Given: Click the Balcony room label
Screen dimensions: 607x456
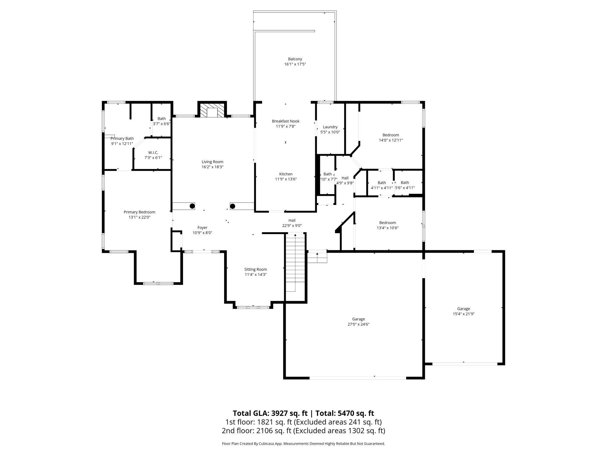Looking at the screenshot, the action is click(x=295, y=59).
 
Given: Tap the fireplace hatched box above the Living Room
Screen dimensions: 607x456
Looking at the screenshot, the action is click(x=212, y=110).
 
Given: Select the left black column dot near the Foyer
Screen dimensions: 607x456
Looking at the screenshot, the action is click(x=192, y=206).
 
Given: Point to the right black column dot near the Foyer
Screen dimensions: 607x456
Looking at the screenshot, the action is click(x=233, y=206).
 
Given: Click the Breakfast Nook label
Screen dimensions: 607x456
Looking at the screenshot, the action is click(x=286, y=121).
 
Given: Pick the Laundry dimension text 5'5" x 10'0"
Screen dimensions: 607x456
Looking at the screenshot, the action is click(x=330, y=132).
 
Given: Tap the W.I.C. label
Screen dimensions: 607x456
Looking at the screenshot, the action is click(x=153, y=153).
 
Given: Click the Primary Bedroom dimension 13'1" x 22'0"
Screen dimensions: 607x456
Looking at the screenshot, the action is click(x=139, y=217).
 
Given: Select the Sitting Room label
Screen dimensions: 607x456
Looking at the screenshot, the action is click(x=256, y=269).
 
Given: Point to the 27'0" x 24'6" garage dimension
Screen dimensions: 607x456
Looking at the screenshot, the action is click(x=358, y=324).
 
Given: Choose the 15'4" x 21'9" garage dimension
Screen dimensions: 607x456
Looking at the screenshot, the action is click(x=463, y=314).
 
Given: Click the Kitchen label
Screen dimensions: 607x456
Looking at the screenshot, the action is click(x=286, y=174).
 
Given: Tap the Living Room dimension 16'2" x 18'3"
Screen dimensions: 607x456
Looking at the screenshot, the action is click(x=212, y=167).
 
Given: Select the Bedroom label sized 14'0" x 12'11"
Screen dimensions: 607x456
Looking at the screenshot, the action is click(x=391, y=135).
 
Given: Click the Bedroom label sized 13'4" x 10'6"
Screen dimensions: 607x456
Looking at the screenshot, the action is click(x=388, y=222).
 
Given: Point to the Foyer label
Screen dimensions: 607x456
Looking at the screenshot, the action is click(x=202, y=227).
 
